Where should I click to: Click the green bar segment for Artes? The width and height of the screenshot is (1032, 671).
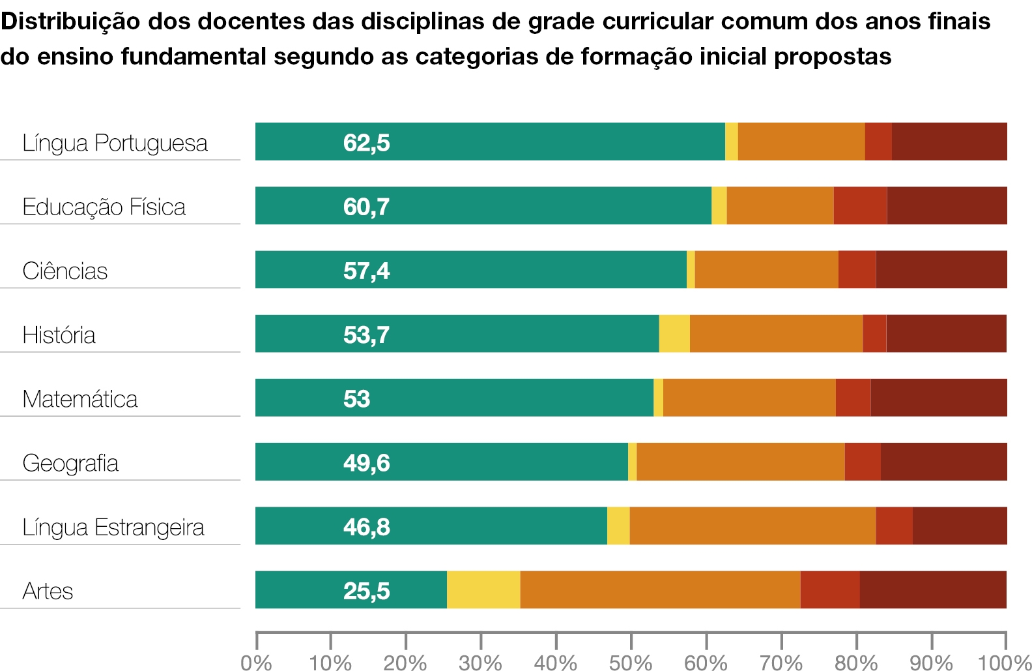351,589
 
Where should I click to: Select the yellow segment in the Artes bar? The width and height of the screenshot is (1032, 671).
483,589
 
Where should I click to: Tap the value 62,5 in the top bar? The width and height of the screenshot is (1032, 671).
366,143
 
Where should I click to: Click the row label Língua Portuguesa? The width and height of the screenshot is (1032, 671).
115,143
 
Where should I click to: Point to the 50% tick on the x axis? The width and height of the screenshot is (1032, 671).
631,640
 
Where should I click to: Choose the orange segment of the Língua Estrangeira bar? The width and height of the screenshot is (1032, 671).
752,526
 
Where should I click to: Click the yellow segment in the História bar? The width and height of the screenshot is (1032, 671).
674,333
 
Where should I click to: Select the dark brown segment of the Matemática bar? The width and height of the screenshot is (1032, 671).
939,398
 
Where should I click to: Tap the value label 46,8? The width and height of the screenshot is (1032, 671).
366,527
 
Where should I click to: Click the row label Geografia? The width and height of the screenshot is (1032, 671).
70,464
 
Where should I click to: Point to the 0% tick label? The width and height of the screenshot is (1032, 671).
256,663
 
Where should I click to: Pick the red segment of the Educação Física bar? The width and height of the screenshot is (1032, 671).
860,205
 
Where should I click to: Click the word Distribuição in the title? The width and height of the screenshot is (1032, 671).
70,22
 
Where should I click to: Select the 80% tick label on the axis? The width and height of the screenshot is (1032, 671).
857,663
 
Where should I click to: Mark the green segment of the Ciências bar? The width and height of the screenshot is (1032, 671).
471,269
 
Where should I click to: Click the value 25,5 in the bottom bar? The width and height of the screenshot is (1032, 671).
366,591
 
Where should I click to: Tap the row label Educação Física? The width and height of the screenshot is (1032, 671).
104,207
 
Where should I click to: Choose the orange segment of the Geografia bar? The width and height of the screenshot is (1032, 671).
741,462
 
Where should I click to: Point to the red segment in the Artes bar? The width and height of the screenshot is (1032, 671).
830,589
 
